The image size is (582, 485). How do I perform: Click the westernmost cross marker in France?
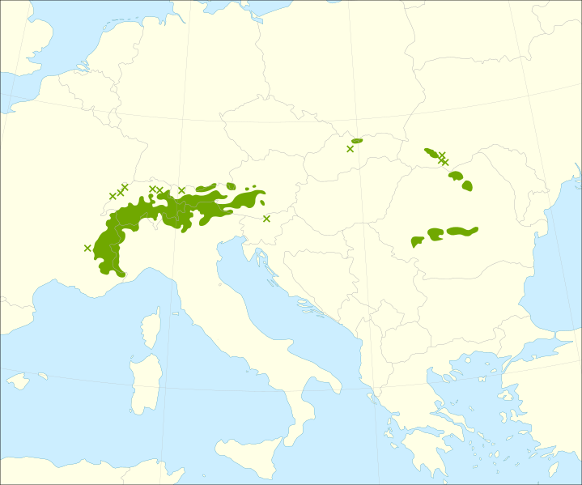[x=87, y=248]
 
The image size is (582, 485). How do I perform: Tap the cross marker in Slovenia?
[x=266, y=219]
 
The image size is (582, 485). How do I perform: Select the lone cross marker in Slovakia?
[x=350, y=149]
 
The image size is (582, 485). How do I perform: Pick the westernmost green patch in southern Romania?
[x=418, y=241]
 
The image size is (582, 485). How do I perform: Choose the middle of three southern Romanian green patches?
[x=435, y=234]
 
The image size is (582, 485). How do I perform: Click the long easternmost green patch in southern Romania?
[x=462, y=231]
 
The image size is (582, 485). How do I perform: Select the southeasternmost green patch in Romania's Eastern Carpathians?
[x=467, y=186]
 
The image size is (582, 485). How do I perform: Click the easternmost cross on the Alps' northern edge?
[x=181, y=190]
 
